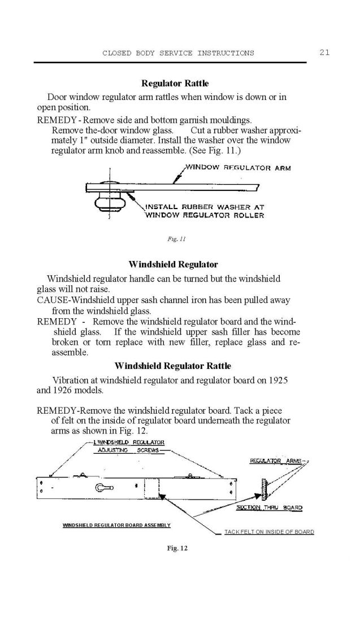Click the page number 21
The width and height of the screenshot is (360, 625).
coord(324,53)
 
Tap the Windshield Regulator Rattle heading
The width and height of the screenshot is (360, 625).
coord(172,366)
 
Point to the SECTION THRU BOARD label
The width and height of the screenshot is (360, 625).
coord(269,507)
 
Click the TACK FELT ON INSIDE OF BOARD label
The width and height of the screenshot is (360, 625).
coord(269,532)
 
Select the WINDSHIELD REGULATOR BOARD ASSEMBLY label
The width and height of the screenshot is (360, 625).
coord(116,525)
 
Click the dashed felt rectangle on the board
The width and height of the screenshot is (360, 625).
coord(151,489)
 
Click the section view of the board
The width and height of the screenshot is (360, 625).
coord(263,489)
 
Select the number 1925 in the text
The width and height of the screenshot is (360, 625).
coord(276,380)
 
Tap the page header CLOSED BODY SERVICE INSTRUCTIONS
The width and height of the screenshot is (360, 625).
coord(178,53)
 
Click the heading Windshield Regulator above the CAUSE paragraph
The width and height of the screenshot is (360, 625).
coord(173,264)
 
